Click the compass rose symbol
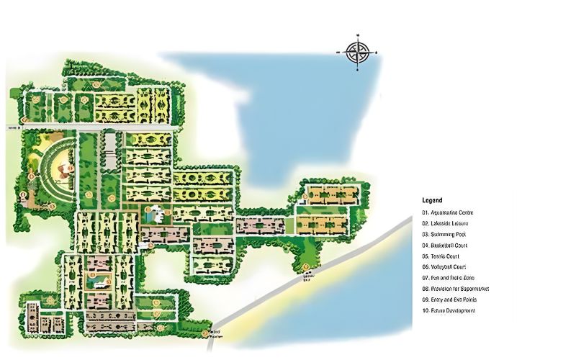point(357,51)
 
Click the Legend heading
point(432,200)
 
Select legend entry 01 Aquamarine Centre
point(448,212)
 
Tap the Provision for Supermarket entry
point(456,289)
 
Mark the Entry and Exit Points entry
point(450,300)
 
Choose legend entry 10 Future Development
point(449,310)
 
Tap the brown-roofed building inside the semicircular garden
point(65,170)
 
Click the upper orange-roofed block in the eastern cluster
point(331,194)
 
